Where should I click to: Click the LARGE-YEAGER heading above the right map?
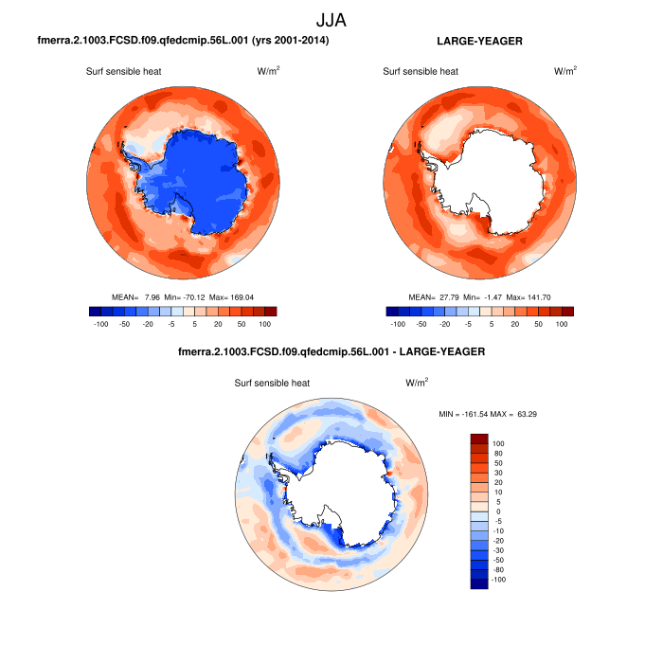pos(479,42)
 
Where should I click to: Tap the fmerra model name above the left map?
pos(183,42)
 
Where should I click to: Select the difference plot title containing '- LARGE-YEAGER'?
pos(331,352)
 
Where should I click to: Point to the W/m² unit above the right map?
pos(564,71)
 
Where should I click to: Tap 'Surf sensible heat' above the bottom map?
pos(273,384)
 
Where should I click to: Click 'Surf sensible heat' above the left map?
pos(125,71)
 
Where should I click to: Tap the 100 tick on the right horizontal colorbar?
pos(562,324)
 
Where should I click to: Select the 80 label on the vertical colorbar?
pos(498,453)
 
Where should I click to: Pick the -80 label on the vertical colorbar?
pos(499,569)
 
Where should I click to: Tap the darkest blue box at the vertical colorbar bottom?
pos(479,583)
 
